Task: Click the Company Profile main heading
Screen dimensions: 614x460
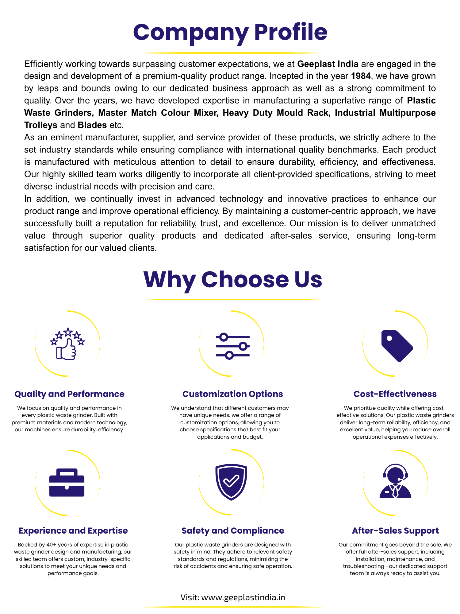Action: (x=230, y=32)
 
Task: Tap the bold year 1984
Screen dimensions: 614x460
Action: (x=361, y=76)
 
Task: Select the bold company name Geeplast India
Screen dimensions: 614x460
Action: (x=328, y=64)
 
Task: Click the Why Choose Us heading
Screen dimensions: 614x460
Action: (x=232, y=280)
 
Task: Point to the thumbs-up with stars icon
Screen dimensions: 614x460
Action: (x=67, y=344)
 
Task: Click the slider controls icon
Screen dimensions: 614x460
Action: (x=232, y=346)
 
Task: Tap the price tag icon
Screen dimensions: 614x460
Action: (x=397, y=346)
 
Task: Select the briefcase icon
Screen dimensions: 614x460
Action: (x=67, y=482)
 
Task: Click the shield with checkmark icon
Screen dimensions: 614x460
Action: (x=231, y=482)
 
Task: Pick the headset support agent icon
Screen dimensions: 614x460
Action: (x=395, y=481)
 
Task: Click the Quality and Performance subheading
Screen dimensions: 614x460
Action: (x=69, y=394)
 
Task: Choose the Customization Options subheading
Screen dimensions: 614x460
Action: (x=232, y=394)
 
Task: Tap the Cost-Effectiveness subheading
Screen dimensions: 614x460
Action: (x=395, y=394)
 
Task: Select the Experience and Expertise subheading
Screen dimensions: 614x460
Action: (x=73, y=530)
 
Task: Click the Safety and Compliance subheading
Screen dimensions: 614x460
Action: (x=233, y=530)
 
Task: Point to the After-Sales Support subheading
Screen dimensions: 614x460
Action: (x=395, y=530)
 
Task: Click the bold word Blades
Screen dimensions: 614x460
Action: (x=92, y=125)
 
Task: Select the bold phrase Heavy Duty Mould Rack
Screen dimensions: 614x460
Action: (x=277, y=113)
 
